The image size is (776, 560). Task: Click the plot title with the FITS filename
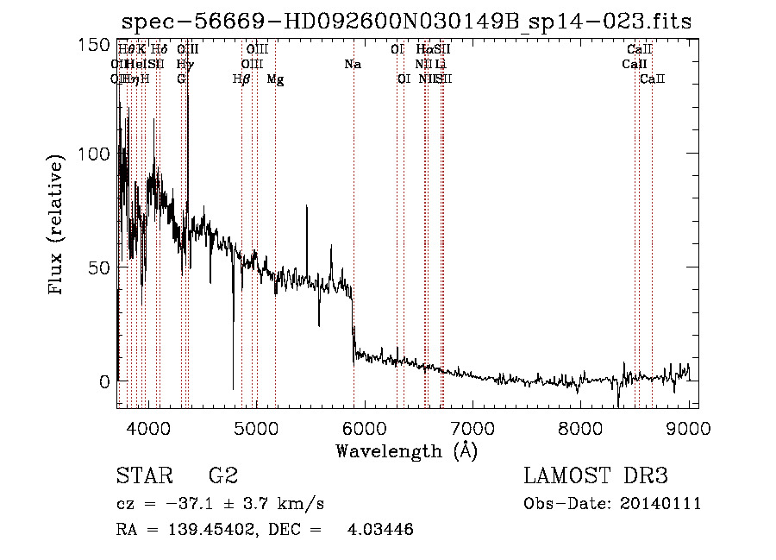point(406,22)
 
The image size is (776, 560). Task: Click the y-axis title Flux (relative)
point(58,227)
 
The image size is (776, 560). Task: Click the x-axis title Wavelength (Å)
point(406,450)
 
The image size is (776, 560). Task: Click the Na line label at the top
point(352,64)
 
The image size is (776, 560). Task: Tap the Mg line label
point(275,79)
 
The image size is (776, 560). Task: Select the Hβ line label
point(241,79)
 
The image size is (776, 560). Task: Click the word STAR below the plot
point(142,476)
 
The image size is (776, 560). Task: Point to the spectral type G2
point(222,476)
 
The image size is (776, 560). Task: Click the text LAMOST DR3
point(596,476)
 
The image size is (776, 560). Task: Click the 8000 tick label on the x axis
point(580,426)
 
